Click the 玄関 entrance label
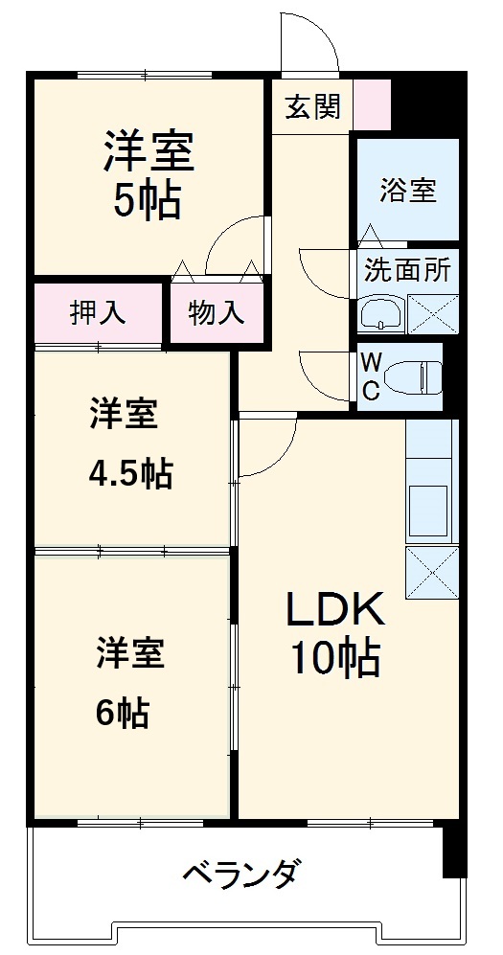click(x=312, y=106)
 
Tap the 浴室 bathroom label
click(x=407, y=190)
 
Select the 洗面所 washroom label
click(x=407, y=269)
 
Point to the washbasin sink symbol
click(x=380, y=313)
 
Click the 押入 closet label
click(x=97, y=313)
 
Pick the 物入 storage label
click(x=215, y=313)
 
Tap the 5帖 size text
click(x=149, y=201)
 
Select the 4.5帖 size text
click(x=131, y=472)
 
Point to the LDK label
click(x=335, y=608)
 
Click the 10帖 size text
click(x=335, y=657)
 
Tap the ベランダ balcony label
click(x=242, y=874)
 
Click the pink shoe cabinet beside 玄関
click(x=373, y=105)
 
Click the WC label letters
click(x=370, y=375)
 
